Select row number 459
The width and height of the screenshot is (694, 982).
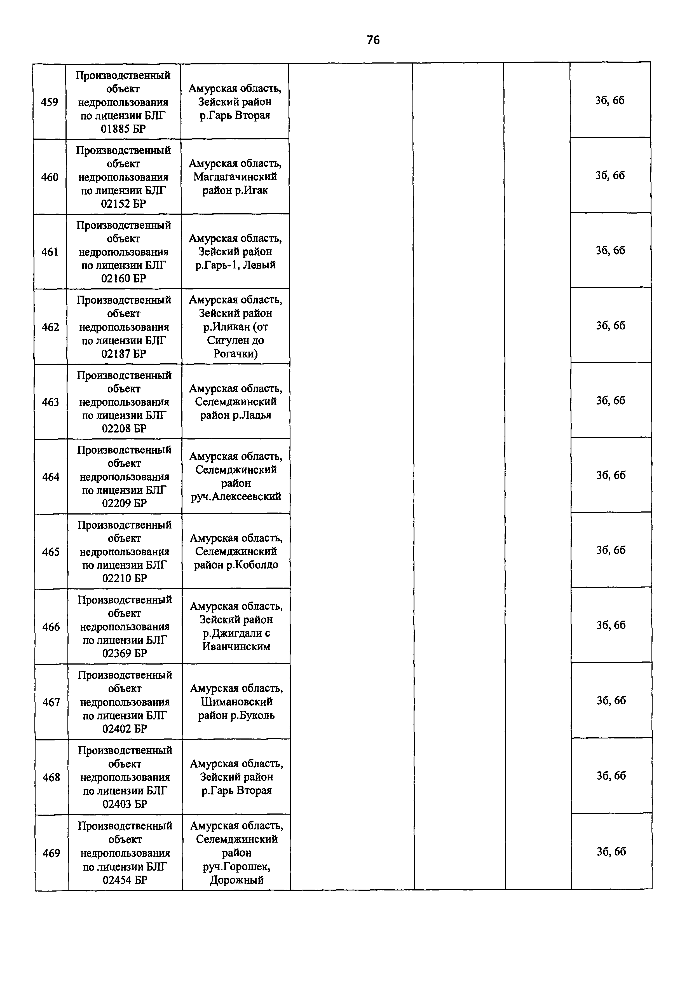tap(50, 102)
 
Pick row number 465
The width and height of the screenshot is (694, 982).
tap(51, 552)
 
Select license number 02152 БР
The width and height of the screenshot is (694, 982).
tap(124, 204)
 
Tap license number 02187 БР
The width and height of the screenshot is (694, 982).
tap(124, 354)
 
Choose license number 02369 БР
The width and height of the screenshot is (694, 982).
tap(125, 653)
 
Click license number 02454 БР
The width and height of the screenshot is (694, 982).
tap(125, 880)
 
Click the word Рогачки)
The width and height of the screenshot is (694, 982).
tap(236, 354)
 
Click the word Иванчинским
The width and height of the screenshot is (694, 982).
tap(236, 646)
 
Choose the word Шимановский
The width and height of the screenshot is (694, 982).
tap(236, 702)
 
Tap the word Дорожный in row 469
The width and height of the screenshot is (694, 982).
tap(236, 880)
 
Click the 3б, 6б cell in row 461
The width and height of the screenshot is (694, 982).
tap(610, 251)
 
